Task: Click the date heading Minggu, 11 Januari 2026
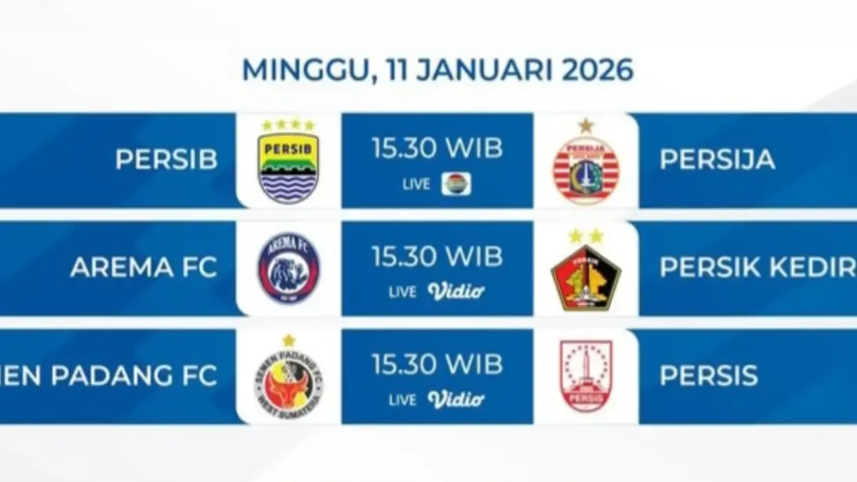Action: [x=437, y=69]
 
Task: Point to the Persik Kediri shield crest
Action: [x=586, y=277]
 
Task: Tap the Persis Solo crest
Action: [x=586, y=376]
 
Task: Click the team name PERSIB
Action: [x=166, y=160]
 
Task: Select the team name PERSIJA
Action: [x=717, y=160]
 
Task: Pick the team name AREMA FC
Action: [x=144, y=267]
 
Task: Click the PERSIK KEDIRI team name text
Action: [x=757, y=267]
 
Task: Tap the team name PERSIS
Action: [x=708, y=376]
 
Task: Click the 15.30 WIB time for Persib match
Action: [x=437, y=149]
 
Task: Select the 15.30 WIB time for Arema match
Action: [x=437, y=256]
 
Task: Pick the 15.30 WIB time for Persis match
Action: [x=437, y=364]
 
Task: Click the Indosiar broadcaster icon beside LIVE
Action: [x=456, y=184]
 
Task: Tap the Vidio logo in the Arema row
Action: [x=456, y=291]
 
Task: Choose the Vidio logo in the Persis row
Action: [x=456, y=399]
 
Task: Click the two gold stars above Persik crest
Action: [x=586, y=236]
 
